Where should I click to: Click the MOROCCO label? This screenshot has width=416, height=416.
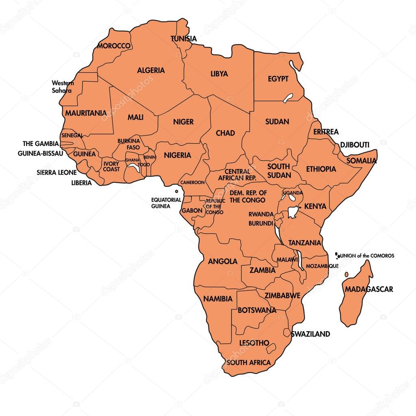(x=114, y=46)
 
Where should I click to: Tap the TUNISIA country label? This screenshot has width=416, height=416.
(x=184, y=39)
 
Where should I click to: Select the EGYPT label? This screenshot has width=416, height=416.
(x=278, y=79)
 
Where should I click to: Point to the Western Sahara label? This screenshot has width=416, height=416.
(x=62, y=87)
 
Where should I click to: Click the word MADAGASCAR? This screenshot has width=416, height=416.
(x=369, y=289)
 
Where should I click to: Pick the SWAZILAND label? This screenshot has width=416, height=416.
(x=310, y=334)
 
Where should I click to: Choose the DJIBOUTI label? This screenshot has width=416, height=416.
(x=354, y=145)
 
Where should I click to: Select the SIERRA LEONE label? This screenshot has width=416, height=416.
(x=56, y=172)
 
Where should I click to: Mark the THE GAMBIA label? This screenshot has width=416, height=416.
(x=41, y=143)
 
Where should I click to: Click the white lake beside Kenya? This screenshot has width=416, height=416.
(x=292, y=212)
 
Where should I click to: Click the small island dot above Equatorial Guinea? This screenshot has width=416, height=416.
(x=176, y=191)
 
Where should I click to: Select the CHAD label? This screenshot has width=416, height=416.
(x=225, y=133)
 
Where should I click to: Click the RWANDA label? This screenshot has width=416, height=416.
(x=261, y=214)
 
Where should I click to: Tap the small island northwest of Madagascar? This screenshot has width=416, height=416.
(x=347, y=275)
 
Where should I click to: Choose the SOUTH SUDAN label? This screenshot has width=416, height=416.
(x=279, y=171)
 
